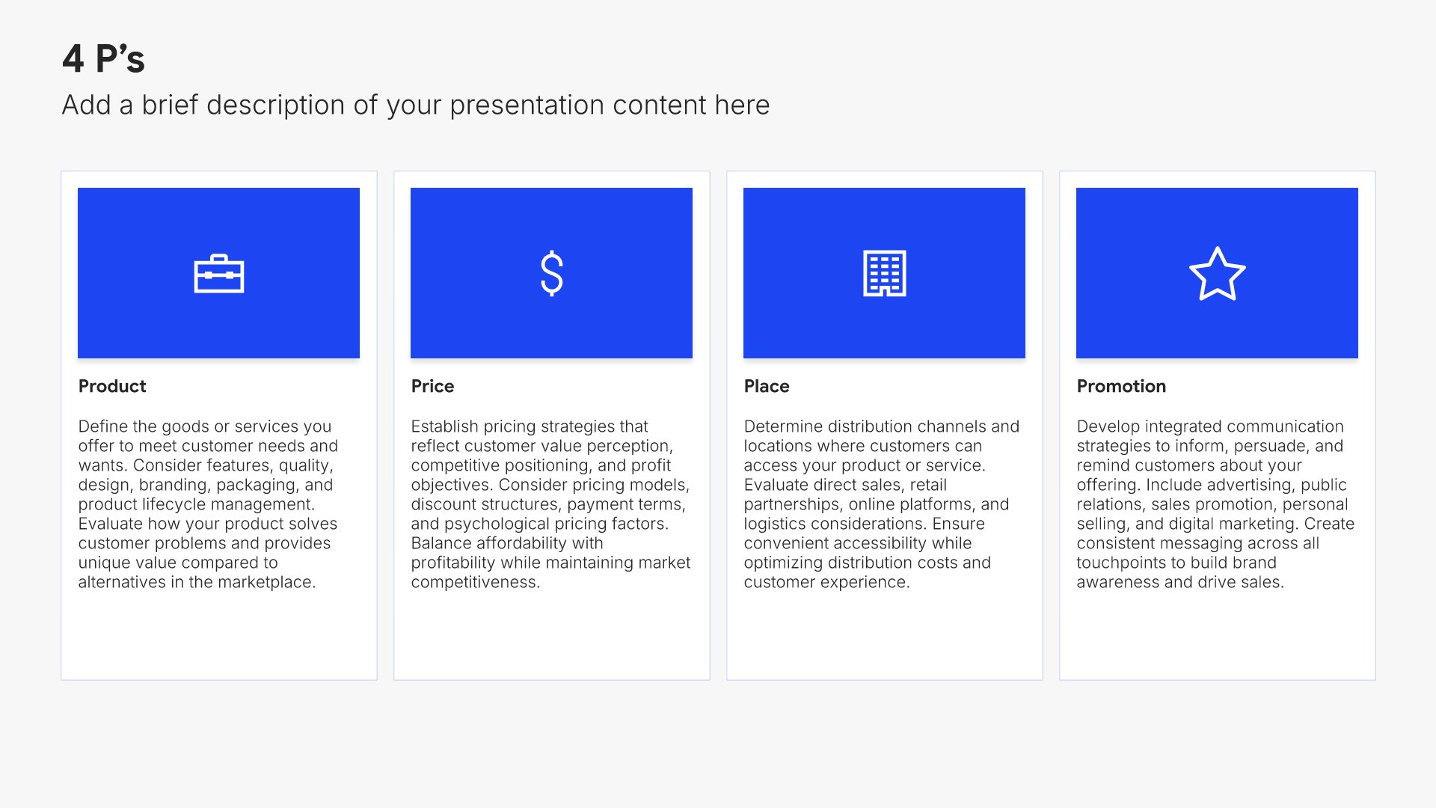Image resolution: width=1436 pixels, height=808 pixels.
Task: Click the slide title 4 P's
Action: [x=103, y=58]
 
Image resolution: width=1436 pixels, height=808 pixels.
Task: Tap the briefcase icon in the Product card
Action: [x=218, y=274]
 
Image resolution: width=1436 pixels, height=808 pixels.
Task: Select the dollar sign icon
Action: [x=551, y=273]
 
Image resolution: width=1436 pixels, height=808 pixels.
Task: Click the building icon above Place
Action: [x=884, y=273]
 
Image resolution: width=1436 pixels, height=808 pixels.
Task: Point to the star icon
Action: [x=1217, y=274]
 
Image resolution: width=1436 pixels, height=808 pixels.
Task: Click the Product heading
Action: [x=112, y=386]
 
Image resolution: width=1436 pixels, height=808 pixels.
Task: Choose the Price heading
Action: [x=432, y=386]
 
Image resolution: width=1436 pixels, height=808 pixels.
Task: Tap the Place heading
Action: [x=767, y=386]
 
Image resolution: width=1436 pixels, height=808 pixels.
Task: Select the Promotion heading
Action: [x=1121, y=386]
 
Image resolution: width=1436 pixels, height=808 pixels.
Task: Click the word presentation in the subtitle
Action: [x=527, y=105]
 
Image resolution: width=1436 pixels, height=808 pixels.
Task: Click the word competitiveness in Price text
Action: [x=476, y=582]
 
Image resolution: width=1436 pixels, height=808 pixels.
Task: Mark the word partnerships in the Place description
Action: [x=792, y=504]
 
